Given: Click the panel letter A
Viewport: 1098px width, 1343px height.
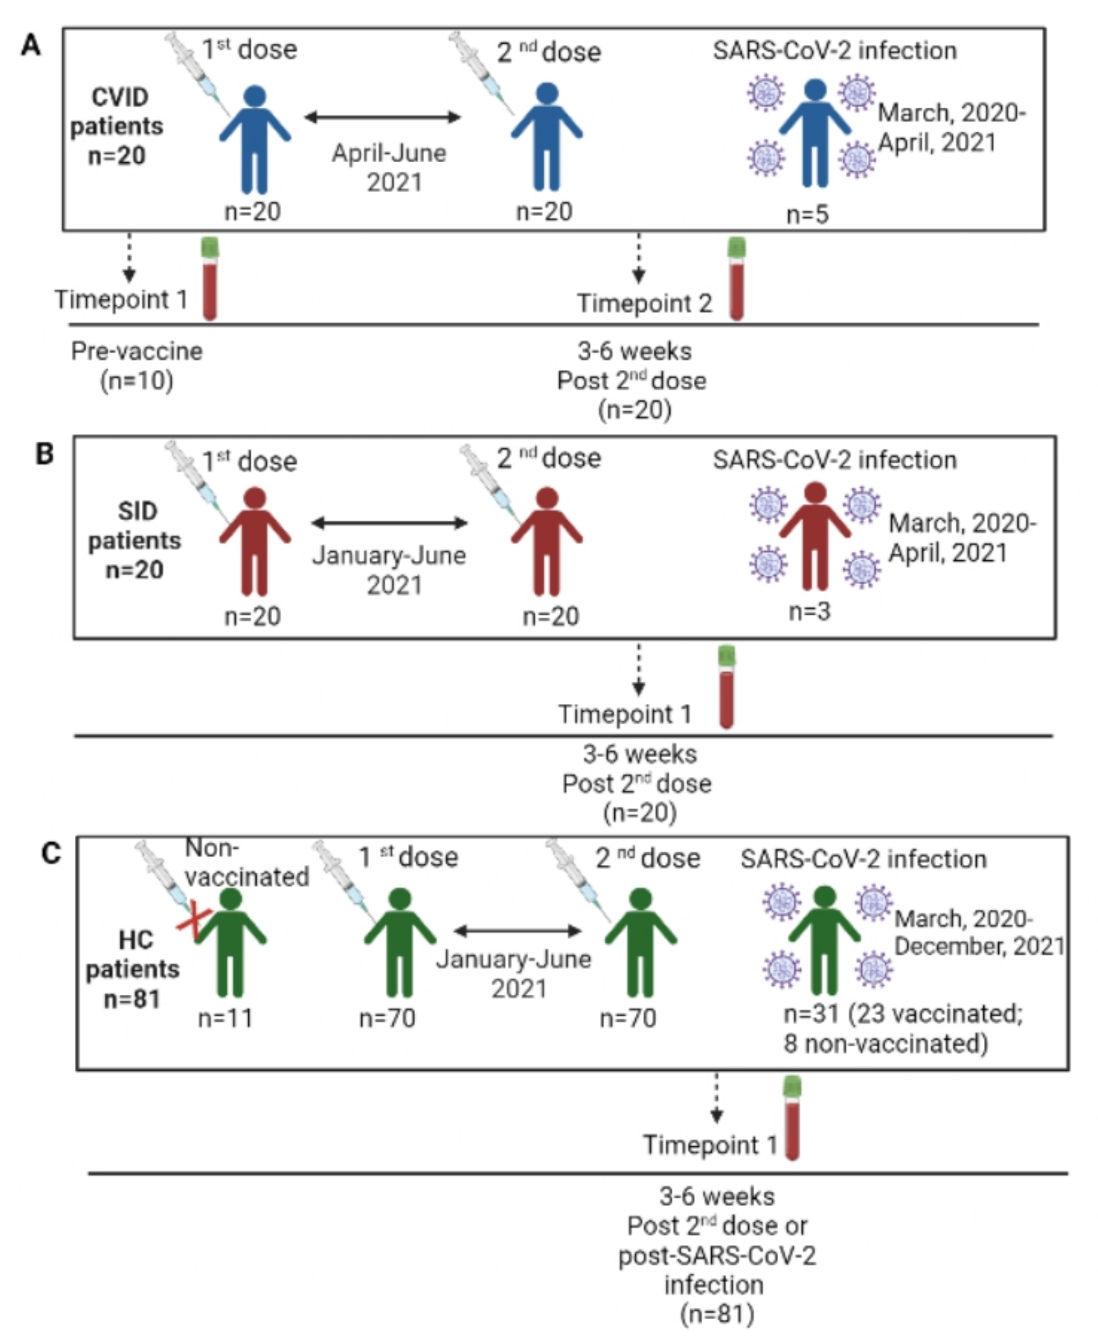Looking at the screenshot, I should pyautogui.click(x=31, y=45).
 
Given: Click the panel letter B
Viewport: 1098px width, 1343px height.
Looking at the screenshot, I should pyautogui.click(x=44, y=454).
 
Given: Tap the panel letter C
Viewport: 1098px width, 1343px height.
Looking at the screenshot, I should pyautogui.click(x=50, y=854).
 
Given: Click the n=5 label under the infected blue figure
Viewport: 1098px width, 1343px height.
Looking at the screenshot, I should pyautogui.click(x=807, y=215).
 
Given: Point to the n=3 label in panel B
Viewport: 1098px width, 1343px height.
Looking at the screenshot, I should pyautogui.click(x=809, y=611).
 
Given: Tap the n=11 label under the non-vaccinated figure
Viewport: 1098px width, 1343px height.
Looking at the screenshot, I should pyautogui.click(x=226, y=1018).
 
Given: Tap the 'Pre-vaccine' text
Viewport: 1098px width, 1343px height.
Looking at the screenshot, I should pyautogui.click(x=137, y=351).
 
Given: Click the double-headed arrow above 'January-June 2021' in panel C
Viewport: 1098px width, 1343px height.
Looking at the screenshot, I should pyautogui.click(x=517, y=931).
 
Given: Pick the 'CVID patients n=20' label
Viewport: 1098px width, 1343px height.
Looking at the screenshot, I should pyautogui.click(x=117, y=126).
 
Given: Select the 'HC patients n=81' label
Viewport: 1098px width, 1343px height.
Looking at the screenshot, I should pyautogui.click(x=133, y=969).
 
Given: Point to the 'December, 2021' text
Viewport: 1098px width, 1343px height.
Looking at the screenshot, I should pyautogui.click(x=979, y=947).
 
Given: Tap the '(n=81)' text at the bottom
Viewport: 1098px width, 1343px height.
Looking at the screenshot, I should pyautogui.click(x=717, y=1314).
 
